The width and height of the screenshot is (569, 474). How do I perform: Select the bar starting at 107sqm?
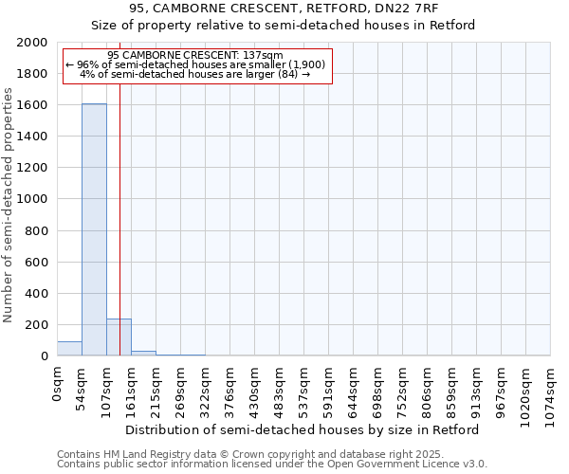(x=119, y=337)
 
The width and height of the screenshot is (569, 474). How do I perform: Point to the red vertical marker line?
(x=120, y=237)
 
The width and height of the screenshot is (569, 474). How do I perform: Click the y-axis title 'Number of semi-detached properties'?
(x=9, y=205)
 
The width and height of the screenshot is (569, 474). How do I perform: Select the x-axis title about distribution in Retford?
(x=303, y=429)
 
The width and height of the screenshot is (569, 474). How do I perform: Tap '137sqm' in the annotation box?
(x=264, y=56)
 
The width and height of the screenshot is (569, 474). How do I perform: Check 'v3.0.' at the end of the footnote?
(x=473, y=465)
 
